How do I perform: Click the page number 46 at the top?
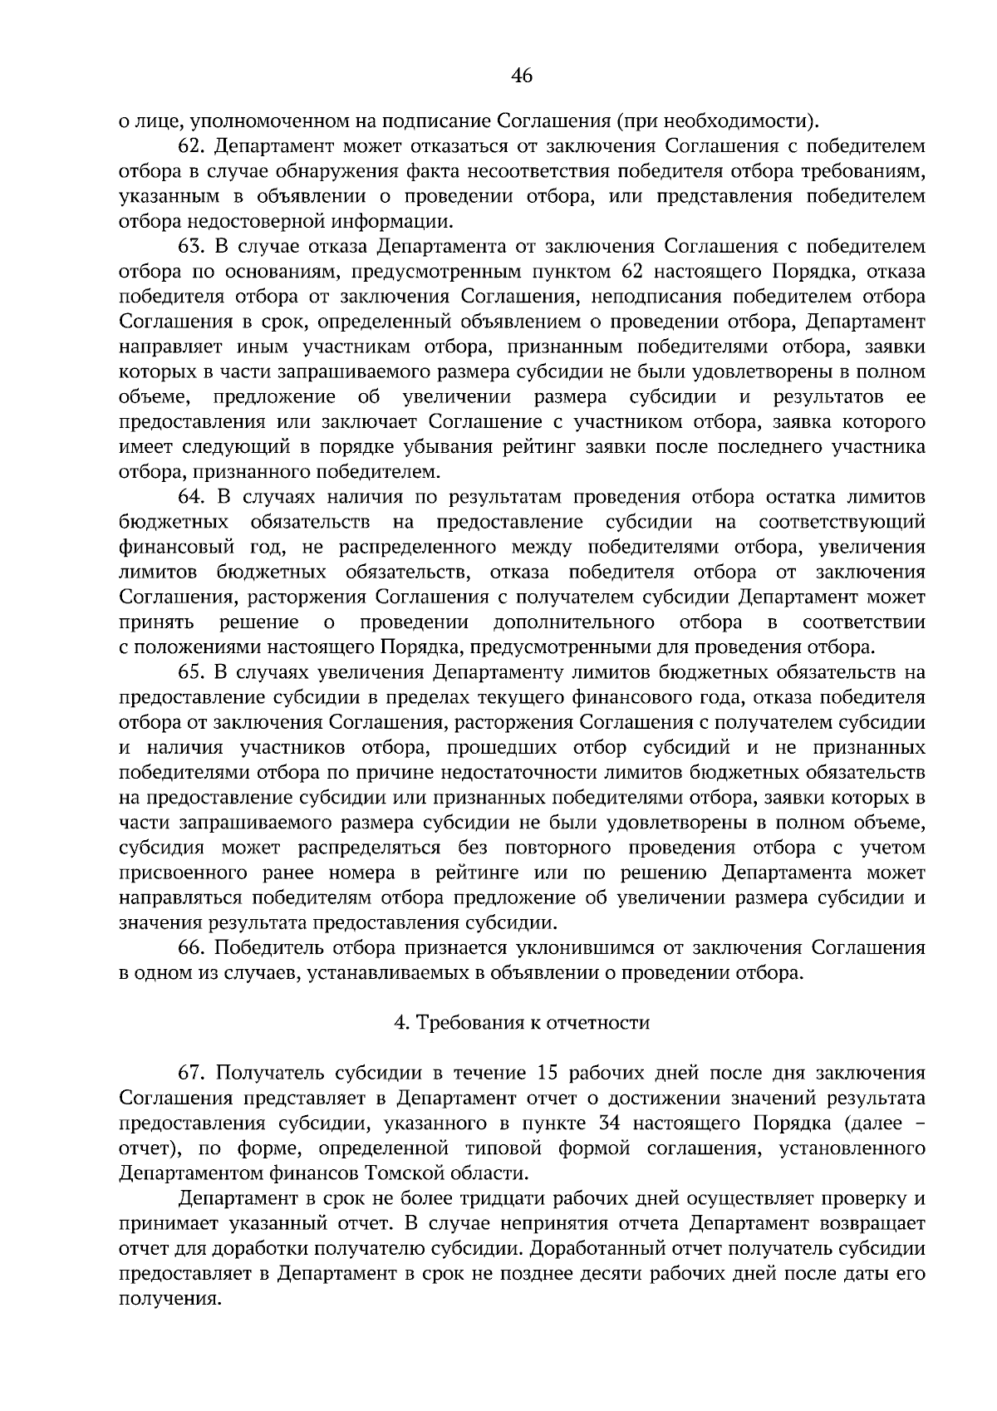coord(521,76)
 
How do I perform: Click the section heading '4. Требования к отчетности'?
coord(521,1023)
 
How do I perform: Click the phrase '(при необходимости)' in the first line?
coord(716,122)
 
